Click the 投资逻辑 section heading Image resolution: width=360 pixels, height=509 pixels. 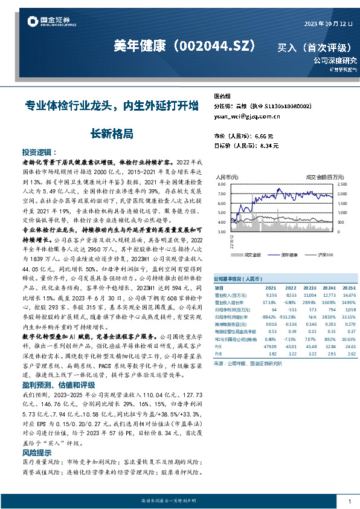[40, 152]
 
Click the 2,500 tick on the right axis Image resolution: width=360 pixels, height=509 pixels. [342, 184]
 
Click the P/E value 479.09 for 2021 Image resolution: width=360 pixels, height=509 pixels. [269, 345]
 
